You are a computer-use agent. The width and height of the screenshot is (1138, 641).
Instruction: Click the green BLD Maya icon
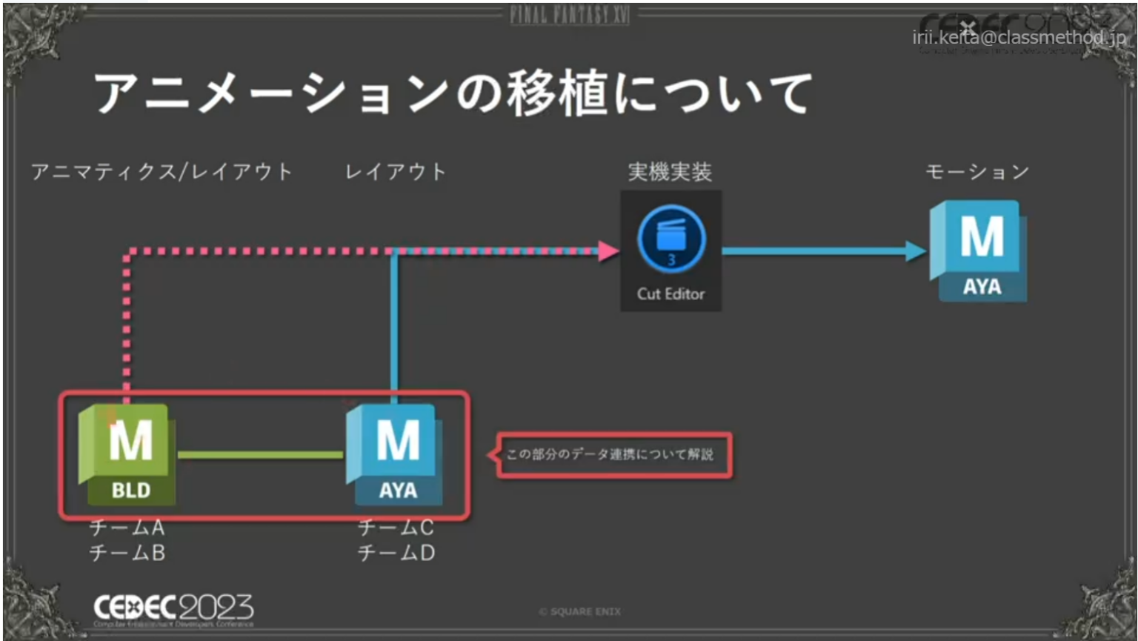(127, 454)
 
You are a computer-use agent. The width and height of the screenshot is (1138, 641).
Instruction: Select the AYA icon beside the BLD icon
(395, 454)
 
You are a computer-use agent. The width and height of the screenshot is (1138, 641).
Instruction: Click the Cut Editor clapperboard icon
(671, 239)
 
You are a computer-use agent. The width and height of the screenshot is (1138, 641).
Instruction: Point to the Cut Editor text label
(671, 293)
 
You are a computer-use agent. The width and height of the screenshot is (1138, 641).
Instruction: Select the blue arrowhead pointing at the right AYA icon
(916, 251)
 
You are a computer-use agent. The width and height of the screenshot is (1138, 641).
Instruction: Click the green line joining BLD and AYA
(260, 454)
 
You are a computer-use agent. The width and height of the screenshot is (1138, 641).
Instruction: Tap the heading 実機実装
(670, 172)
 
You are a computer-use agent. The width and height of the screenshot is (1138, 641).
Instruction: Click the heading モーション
(977, 172)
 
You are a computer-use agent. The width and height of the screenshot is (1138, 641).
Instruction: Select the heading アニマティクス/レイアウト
(162, 172)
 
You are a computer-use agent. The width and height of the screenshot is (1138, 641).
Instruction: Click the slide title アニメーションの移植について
(453, 93)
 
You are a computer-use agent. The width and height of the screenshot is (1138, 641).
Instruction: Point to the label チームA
(127, 528)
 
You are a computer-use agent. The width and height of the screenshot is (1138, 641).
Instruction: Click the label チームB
(127, 553)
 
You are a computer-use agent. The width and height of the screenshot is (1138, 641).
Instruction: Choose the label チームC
(396, 528)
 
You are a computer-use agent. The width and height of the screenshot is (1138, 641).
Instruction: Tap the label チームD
(396, 553)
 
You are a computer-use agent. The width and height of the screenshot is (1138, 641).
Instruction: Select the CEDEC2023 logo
(173, 609)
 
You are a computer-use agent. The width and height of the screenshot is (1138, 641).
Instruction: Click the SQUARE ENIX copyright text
(580, 611)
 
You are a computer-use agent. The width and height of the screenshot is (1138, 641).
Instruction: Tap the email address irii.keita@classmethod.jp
(1019, 37)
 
